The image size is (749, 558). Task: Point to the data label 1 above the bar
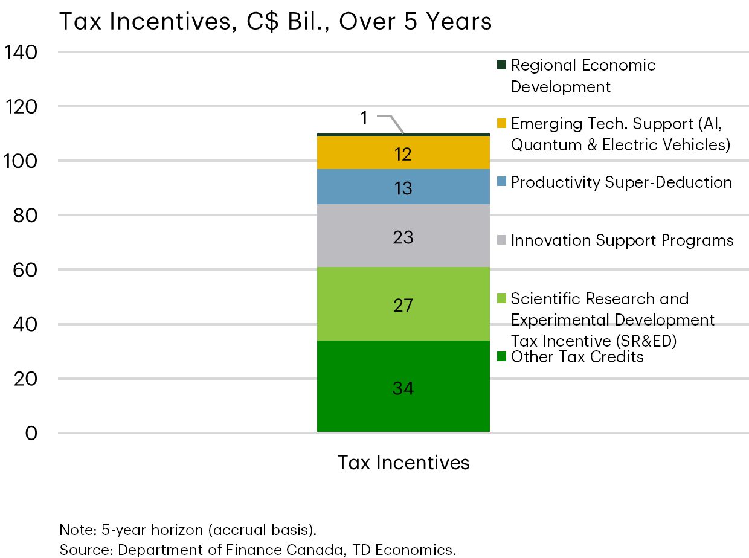pyautogui.click(x=364, y=118)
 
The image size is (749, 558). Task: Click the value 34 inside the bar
pyautogui.click(x=403, y=388)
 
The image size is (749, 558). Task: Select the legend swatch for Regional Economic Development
pyautogui.click(x=501, y=65)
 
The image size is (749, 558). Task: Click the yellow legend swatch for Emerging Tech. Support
pyautogui.click(x=501, y=123)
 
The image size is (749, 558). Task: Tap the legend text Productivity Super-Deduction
pyautogui.click(x=621, y=182)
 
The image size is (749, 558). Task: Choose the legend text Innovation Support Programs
pyautogui.click(x=622, y=240)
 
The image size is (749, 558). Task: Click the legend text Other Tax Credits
pyautogui.click(x=577, y=357)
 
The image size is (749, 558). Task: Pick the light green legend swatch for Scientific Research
pyautogui.click(x=501, y=298)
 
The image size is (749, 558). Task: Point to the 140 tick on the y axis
pyautogui.click(x=21, y=52)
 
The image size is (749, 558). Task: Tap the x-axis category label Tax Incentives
pyautogui.click(x=403, y=463)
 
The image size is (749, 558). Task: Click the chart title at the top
pyautogui.click(x=275, y=22)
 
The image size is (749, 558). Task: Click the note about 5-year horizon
pyautogui.click(x=188, y=530)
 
